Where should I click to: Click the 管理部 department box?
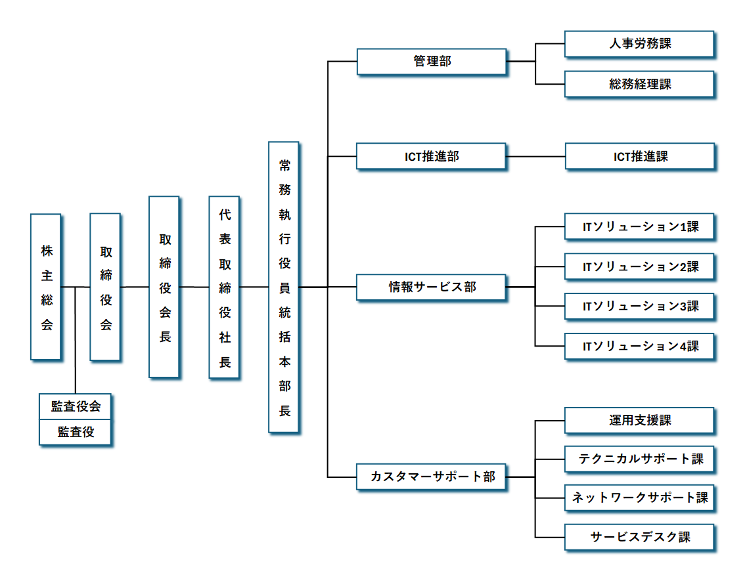pyautogui.click(x=432, y=62)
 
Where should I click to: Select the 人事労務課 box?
pyautogui.click(x=639, y=45)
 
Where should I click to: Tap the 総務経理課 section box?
pyautogui.click(x=639, y=85)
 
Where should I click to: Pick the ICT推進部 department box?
pyautogui.click(x=432, y=157)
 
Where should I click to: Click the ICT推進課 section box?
pyautogui.click(x=640, y=157)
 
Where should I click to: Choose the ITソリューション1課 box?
pyautogui.click(x=640, y=227)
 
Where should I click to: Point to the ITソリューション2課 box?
pyautogui.click(x=640, y=267)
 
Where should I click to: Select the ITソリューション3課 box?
pyautogui.click(x=640, y=307)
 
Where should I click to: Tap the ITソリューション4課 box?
pyautogui.click(x=640, y=347)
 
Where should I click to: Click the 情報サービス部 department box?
pyautogui.click(x=432, y=287)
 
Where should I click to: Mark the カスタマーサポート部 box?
pyautogui.click(x=432, y=477)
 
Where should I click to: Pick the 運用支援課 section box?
pyautogui.click(x=640, y=421)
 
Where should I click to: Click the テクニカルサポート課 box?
pyautogui.click(x=640, y=459)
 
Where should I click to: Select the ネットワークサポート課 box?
pyautogui.click(x=640, y=498)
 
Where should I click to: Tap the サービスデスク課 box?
pyautogui.click(x=640, y=537)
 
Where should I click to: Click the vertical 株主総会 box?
pyautogui.click(x=47, y=287)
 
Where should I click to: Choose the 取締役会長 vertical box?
pyautogui.click(x=165, y=287)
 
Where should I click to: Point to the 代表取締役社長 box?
pyautogui.click(x=225, y=287)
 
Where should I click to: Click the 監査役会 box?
pyautogui.click(x=76, y=406)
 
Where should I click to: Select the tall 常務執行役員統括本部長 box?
pyautogui.click(x=284, y=287)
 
